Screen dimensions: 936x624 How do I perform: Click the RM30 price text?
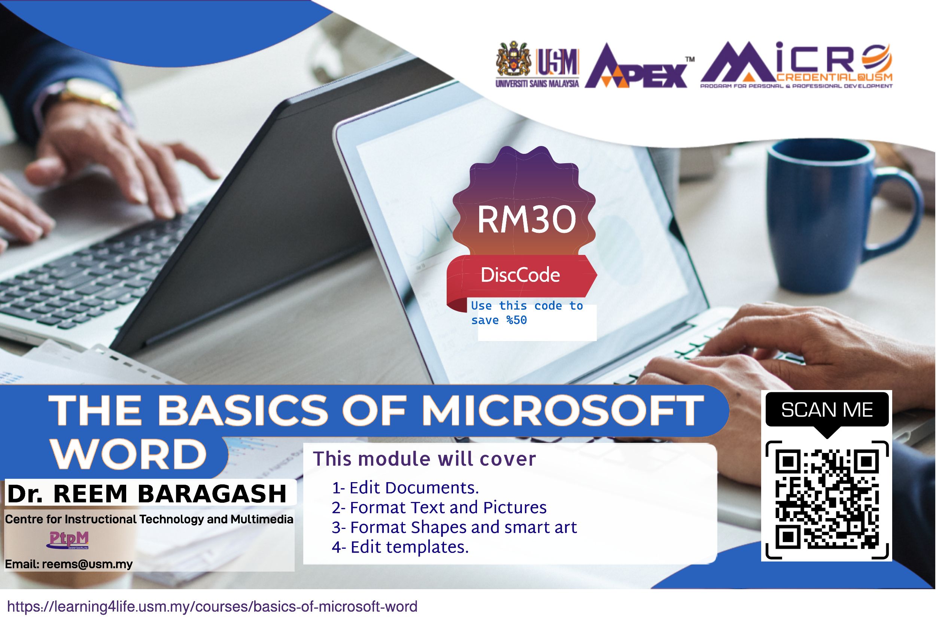click(x=526, y=220)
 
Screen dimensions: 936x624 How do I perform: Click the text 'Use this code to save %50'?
click(x=527, y=313)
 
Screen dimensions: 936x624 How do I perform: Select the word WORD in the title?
click(x=128, y=454)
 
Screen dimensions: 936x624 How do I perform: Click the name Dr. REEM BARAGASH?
click(x=147, y=494)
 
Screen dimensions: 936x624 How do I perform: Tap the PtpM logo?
click(x=68, y=540)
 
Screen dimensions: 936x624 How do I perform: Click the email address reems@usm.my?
click(x=87, y=564)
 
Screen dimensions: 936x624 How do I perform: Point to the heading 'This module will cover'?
click(x=424, y=459)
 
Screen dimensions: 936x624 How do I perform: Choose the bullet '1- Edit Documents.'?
click(x=405, y=488)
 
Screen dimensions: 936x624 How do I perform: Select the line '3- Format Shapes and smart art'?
click(x=454, y=527)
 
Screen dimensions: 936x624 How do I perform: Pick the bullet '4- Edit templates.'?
click(x=400, y=547)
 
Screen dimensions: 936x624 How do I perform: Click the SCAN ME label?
click(x=827, y=410)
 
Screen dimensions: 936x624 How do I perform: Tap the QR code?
click(x=827, y=499)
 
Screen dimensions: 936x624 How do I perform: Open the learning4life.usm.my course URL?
click(x=213, y=607)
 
